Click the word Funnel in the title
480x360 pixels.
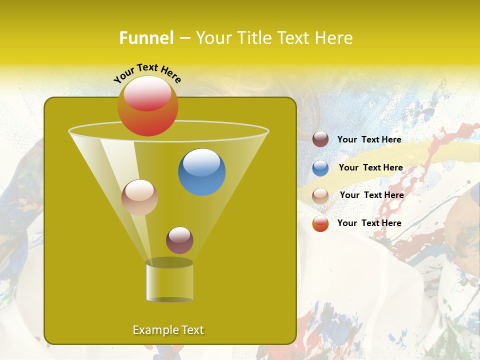146,38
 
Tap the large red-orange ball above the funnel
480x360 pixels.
147,105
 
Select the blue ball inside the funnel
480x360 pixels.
201,172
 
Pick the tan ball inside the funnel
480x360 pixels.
139,197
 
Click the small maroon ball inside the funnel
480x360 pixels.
179,240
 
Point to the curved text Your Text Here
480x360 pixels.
147,73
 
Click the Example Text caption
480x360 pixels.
168,330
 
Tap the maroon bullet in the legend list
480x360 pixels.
320,139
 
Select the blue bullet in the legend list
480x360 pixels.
320,168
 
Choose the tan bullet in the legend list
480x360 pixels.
320,196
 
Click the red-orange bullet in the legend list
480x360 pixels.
320,223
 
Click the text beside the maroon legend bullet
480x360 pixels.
369,139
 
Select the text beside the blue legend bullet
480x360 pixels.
370,167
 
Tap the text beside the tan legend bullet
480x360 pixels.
371,195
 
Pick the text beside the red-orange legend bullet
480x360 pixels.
369,223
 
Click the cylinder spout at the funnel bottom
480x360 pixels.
169,281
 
